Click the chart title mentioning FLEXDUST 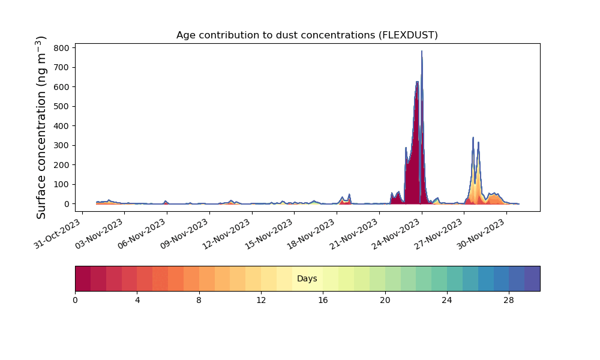coord(307,35)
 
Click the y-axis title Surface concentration coord(41,127)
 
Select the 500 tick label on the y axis coord(62,106)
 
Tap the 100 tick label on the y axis coord(62,184)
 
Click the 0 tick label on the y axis coord(67,204)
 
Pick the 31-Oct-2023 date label coord(58,234)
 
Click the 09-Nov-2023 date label coord(184,234)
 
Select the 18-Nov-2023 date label coord(311,234)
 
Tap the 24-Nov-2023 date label coord(397,234)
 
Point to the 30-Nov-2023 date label coord(481,234)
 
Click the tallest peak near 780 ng coord(422,51)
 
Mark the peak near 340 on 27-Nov coord(473,138)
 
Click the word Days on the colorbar coord(307,278)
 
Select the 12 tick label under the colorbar coord(261,301)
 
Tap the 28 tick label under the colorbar coord(509,301)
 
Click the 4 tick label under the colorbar coord(137,301)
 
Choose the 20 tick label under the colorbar coord(385,301)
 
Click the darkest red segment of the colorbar coord(83,278)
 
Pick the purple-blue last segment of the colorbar coord(532,278)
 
